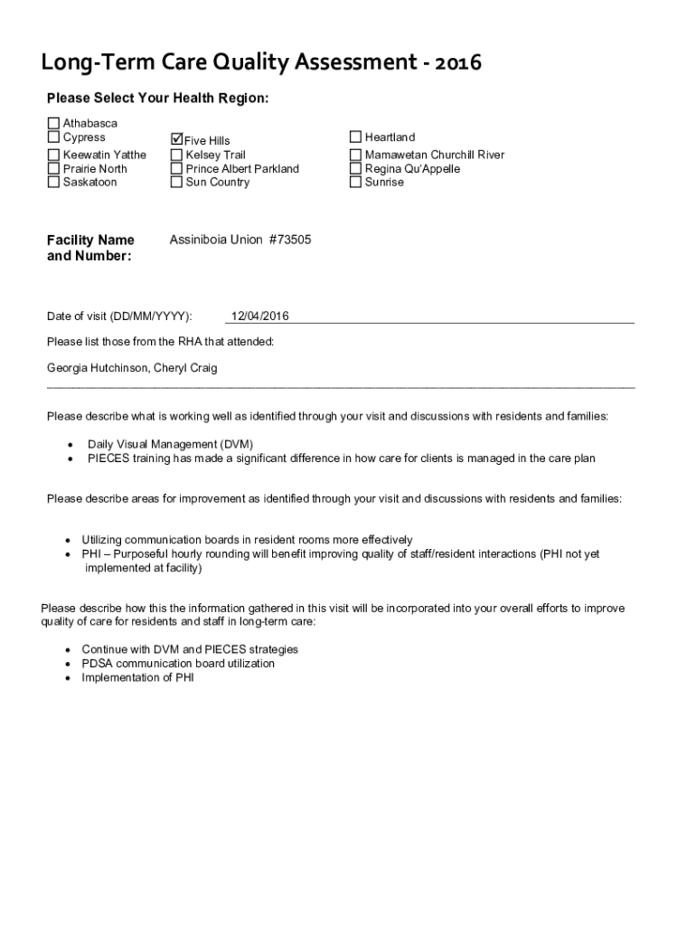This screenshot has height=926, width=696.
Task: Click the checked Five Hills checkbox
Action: tap(176, 140)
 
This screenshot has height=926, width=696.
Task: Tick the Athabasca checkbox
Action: tap(53, 123)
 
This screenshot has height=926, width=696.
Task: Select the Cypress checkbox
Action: tap(53, 137)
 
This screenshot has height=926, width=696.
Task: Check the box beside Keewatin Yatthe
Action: tap(53, 155)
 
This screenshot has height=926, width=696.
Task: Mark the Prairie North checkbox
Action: tap(53, 168)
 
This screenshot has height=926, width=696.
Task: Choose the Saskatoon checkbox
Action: tap(53, 182)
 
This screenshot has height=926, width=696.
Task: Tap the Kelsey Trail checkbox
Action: tap(176, 155)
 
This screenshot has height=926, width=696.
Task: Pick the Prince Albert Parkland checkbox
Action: tap(176, 168)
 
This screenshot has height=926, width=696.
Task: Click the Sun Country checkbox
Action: tap(176, 182)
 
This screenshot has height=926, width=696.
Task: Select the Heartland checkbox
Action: tap(355, 137)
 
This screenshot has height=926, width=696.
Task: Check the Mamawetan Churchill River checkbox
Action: tap(355, 155)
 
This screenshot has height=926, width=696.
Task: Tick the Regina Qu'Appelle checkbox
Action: tap(355, 168)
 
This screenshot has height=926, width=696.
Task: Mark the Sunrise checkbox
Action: tap(355, 182)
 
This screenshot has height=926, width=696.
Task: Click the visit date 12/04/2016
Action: tap(260, 316)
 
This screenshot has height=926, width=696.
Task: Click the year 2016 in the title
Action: tap(458, 63)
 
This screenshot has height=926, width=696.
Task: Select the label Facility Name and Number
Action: tap(90, 248)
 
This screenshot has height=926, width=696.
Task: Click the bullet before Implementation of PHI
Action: tap(68, 677)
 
